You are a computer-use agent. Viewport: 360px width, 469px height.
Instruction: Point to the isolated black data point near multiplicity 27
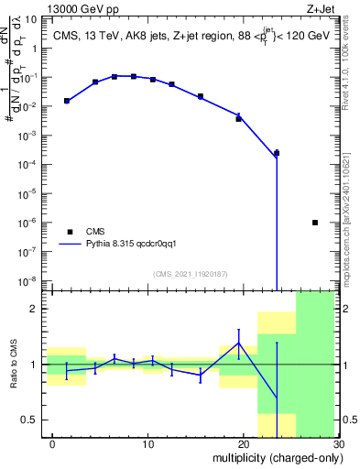(315, 223)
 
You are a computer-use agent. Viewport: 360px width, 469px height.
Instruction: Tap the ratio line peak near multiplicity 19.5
(238, 344)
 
